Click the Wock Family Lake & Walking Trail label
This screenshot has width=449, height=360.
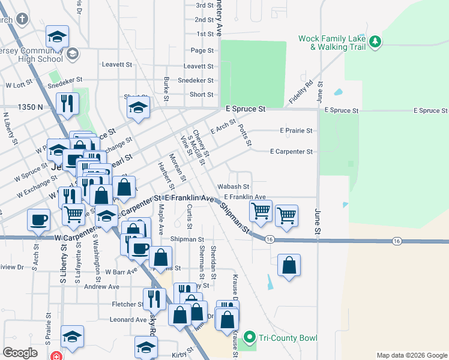[332, 42]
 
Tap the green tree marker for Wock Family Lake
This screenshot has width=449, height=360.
[375, 41]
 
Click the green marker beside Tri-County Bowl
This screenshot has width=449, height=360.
[250, 338]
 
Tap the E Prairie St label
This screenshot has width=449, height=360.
[296, 130]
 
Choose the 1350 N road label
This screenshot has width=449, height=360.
[31, 107]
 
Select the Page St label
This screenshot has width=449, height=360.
[202, 50]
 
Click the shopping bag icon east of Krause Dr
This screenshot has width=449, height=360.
[289, 265]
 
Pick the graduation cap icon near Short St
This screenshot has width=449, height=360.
[138, 108]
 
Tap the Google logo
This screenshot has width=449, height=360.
[20, 353]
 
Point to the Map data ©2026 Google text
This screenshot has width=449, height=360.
[412, 355]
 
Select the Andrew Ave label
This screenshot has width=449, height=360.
[101, 287]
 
